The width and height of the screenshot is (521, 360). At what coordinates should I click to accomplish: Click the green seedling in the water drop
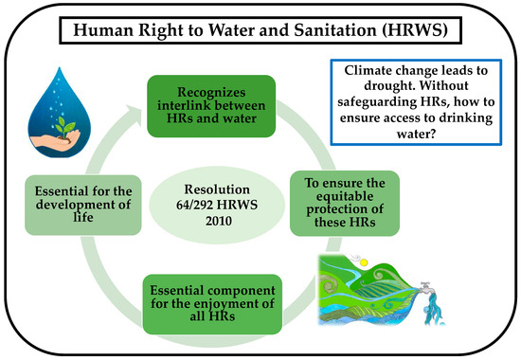pyautogui.click(x=65, y=127)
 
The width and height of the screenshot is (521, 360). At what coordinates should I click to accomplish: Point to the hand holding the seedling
pyautogui.click(x=55, y=139)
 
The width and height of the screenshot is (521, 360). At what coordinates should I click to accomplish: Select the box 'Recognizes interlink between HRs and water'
pyautogui.click(x=211, y=106)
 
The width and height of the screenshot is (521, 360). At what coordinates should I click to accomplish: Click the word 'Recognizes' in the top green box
pyautogui.click(x=211, y=92)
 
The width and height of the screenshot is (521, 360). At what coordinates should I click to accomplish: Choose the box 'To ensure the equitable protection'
pyautogui.click(x=345, y=204)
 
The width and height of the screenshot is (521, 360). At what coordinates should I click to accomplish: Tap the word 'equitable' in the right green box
pyautogui.click(x=345, y=196)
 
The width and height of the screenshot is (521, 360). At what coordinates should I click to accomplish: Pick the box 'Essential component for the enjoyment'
pyautogui.click(x=212, y=304)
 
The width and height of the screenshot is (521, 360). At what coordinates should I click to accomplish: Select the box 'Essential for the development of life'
pyautogui.click(x=83, y=205)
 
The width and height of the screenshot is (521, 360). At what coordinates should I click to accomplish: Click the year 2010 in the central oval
pyautogui.click(x=218, y=221)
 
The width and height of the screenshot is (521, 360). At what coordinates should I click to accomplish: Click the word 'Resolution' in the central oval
pyautogui.click(x=217, y=189)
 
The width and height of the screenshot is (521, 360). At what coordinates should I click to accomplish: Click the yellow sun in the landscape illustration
pyautogui.click(x=364, y=262)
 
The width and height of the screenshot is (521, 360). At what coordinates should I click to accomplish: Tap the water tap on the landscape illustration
pyautogui.click(x=427, y=288)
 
